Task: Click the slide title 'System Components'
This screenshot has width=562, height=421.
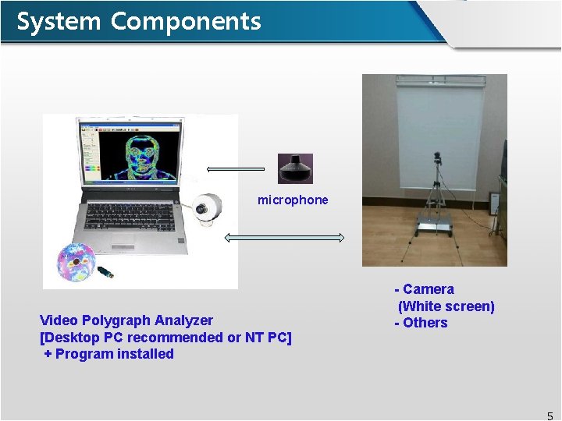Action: point(138,21)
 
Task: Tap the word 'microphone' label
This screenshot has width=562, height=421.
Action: point(293,200)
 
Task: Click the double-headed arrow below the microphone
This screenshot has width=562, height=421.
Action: point(285,237)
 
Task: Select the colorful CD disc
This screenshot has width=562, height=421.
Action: point(74,262)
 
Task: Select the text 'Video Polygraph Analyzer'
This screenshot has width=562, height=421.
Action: point(126,320)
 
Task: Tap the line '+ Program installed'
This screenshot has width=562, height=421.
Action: point(108,354)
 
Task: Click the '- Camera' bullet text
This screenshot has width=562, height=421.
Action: point(425,289)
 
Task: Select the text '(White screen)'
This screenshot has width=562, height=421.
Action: point(446,306)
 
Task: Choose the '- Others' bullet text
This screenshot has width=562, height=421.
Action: point(421,323)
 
